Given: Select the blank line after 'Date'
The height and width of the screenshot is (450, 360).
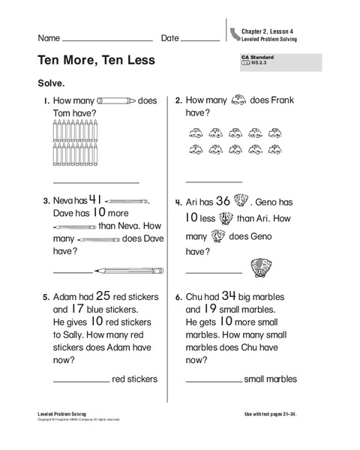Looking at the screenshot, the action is pos(200,39).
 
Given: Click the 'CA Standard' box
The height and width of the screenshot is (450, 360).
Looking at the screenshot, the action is pos(279,61).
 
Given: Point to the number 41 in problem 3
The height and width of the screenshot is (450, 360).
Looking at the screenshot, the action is pos(95,199).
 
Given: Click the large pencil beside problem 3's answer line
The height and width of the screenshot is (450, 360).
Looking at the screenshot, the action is pos(129,269).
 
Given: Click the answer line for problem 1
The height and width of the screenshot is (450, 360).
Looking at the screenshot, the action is pos(96,181).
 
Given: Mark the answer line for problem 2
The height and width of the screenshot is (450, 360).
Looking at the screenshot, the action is pos(214,181).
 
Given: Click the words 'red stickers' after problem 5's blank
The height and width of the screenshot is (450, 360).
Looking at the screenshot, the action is pos(135,379).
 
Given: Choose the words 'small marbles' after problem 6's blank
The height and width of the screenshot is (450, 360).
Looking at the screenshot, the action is pos(271,379).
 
